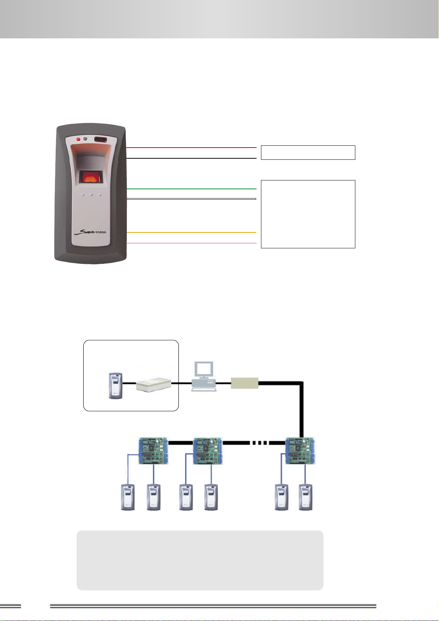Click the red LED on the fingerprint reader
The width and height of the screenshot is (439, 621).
(x=78, y=139)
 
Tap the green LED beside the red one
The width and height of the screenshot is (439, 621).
(x=86, y=139)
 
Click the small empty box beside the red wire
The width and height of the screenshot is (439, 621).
(x=308, y=152)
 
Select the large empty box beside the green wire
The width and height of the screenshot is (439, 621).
(x=308, y=214)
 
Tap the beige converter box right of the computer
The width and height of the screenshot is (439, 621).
(x=245, y=383)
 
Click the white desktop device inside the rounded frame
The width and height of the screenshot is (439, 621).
(x=154, y=384)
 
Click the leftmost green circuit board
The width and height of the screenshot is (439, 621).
(x=153, y=451)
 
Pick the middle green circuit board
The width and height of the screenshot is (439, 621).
(x=208, y=451)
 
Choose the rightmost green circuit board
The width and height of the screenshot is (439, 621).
(x=301, y=451)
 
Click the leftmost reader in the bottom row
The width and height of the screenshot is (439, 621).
(x=128, y=497)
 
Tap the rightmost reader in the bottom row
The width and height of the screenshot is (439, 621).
(x=306, y=497)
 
